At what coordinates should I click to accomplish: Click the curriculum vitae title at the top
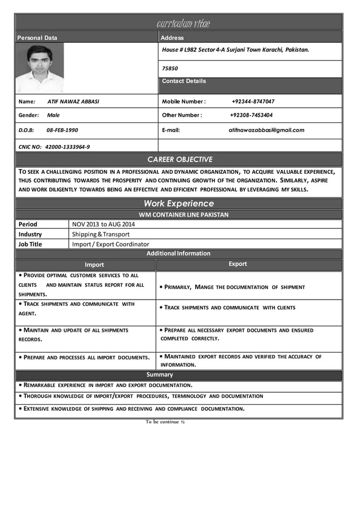[182, 24]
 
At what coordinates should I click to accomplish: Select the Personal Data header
[37, 38]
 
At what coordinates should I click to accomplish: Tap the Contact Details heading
[184, 81]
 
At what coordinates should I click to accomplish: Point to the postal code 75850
[170, 68]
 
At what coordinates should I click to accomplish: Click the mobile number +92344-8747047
[253, 102]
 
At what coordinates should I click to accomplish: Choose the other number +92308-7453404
[251, 115]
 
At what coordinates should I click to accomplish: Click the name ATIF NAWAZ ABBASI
[73, 102]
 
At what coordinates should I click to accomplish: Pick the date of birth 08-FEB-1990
[62, 130]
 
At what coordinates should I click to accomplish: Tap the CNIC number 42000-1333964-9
[67, 147]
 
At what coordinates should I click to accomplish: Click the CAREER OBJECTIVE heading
[179, 160]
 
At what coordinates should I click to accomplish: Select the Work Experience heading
[178, 203]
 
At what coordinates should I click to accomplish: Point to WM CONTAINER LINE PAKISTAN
[183, 215]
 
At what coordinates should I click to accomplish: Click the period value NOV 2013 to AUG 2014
[103, 224]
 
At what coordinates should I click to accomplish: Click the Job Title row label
[30, 244]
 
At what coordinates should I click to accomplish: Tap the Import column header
[94, 265]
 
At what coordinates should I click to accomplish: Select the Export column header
[238, 264]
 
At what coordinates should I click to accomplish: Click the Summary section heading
[160, 375]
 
